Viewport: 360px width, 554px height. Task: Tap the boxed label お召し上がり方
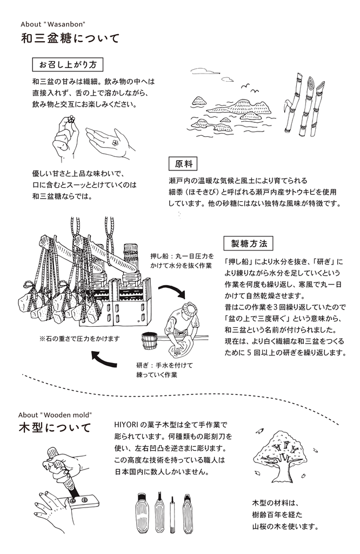[68, 64]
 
